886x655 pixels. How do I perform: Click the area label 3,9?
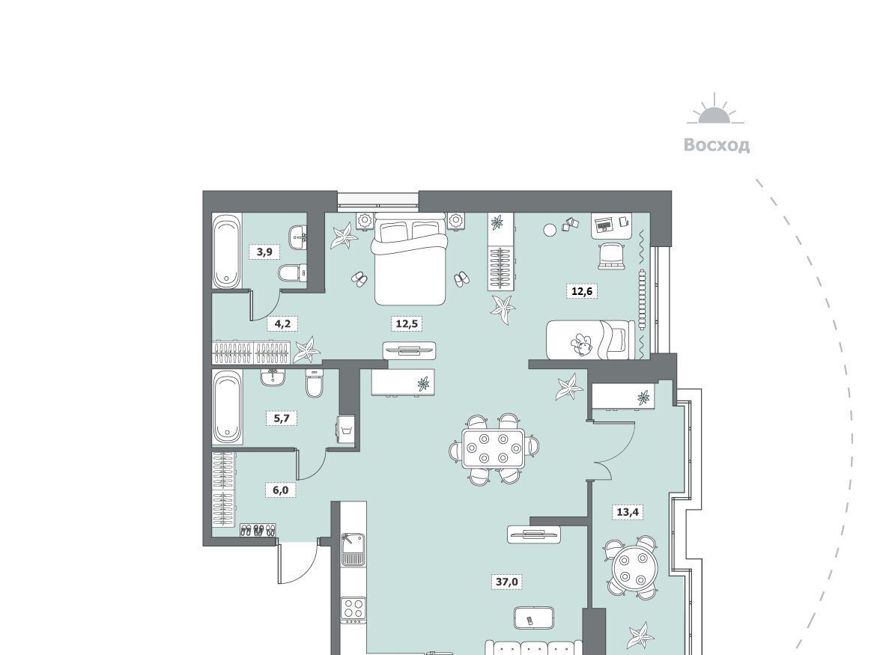pos(264,252)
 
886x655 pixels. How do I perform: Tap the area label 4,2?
pos(282,324)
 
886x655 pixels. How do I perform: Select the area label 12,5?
pos(407,324)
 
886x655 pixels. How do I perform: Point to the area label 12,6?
pos(582,291)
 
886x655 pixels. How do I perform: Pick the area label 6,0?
pos(281,490)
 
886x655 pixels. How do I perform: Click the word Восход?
pos(717,145)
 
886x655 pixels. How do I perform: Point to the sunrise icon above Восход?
pos(715,110)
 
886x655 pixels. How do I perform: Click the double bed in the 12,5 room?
pos(410,258)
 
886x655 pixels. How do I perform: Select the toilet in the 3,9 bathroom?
pos(292,273)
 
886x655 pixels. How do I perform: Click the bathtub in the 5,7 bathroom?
pos(228,406)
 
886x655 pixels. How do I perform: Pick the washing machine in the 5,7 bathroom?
pos(346,430)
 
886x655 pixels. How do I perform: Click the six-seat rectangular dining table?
pos(494,448)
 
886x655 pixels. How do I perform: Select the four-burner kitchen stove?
pos(353,609)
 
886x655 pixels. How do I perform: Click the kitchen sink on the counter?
pos(354,548)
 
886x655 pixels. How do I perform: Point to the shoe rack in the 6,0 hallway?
pos(258,530)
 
